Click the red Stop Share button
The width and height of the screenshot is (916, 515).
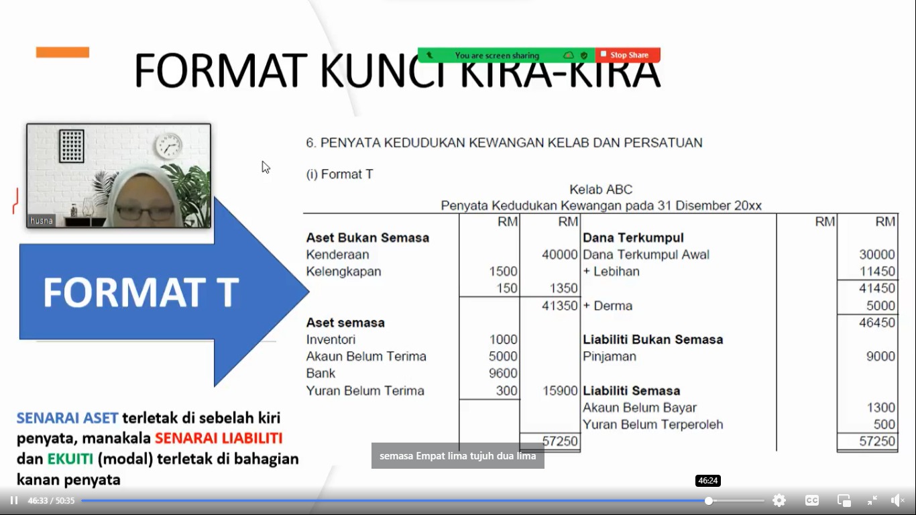pyautogui.click(x=628, y=55)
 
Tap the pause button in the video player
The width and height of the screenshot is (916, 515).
pyautogui.click(x=14, y=500)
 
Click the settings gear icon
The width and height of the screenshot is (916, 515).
pyautogui.click(x=779, y=500)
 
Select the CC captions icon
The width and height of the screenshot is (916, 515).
pyautogui.click(x=811, y=500)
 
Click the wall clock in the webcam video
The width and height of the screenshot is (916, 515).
pyautogui.click(x=168, y=146)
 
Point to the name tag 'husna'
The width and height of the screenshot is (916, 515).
pyautogui.click(x=42, y=221)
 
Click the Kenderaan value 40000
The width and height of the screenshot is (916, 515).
pyautogui.click(x=559, y=254)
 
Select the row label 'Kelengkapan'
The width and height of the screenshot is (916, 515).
pyautogui.click(x=343, y=271)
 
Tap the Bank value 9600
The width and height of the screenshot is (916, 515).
pyautogui.click(x=503, y=373)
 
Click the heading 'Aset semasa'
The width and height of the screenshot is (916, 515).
pyautogui.click(x=345, y=323)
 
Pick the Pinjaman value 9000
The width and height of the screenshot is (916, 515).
pyautogui.click(x=880, y=356)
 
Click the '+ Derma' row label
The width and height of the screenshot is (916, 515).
pyautogui.click(x=608, y=306)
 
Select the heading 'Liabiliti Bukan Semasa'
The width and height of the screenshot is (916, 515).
pyautogui.click(x=652, y=339)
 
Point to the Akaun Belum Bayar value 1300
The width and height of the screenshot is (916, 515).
pyautogui.click(x=881, y=408)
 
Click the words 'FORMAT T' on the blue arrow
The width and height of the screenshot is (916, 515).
pyautogui.click(x=141, y=292)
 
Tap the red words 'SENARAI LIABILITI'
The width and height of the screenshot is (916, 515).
pyautogui.click(x=219, y=439)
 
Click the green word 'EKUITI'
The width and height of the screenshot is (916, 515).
pyautogui.click(x=70, y=459)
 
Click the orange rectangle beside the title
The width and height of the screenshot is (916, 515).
pyautogui.click(x=62, y=52)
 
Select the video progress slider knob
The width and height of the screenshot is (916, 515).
pyautogui.click(x=709, y=501)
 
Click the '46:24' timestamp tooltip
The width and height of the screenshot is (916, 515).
pyautogui.click(x=708, y=481)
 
